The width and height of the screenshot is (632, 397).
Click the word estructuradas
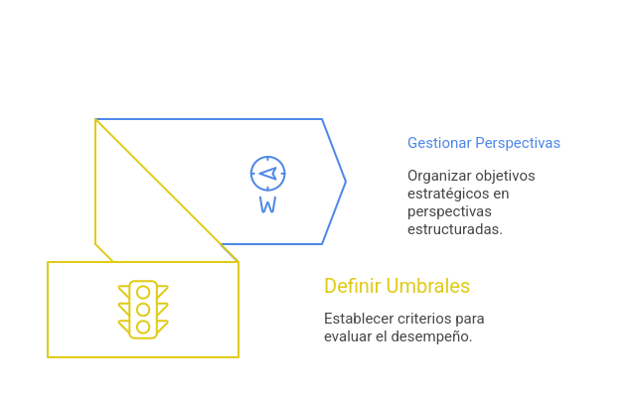click(454, 229)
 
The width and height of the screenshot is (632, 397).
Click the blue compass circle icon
click(267, 173)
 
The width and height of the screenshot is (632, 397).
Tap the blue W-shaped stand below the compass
click(267, 205)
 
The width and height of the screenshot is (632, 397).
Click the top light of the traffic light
click(143, 293)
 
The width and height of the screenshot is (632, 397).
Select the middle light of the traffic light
click(143, 309)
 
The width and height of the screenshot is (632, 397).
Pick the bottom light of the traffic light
click(143, 325)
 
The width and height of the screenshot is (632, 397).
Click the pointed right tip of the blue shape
click(346, 181)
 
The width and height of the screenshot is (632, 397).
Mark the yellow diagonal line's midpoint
click(167, 190)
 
